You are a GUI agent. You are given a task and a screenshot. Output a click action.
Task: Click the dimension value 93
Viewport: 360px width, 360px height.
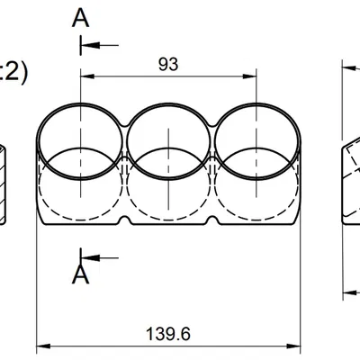[x=167, y=64]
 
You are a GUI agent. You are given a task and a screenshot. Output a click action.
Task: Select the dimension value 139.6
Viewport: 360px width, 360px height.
[x=168, y=334]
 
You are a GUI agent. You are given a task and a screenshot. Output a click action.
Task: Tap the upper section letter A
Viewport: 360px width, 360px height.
[x=81, y=16]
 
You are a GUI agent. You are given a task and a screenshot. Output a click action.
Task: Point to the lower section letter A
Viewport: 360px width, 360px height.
[x=81, y=273]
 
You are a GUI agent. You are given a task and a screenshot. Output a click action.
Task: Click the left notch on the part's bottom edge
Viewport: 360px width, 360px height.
[x=124, y=220]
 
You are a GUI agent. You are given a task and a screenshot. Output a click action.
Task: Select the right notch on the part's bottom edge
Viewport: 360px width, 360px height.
[x=211, y=220]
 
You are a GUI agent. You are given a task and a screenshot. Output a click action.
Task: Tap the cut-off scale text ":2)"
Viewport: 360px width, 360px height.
[x=13, y=72]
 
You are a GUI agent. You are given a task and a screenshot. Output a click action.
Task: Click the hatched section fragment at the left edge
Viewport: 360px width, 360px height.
[x=4, y=180]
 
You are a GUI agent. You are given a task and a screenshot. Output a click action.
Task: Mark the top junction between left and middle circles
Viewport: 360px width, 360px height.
[x=124, y=115]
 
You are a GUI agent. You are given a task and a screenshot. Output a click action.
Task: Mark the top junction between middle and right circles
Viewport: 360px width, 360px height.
[x=211, y=115]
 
